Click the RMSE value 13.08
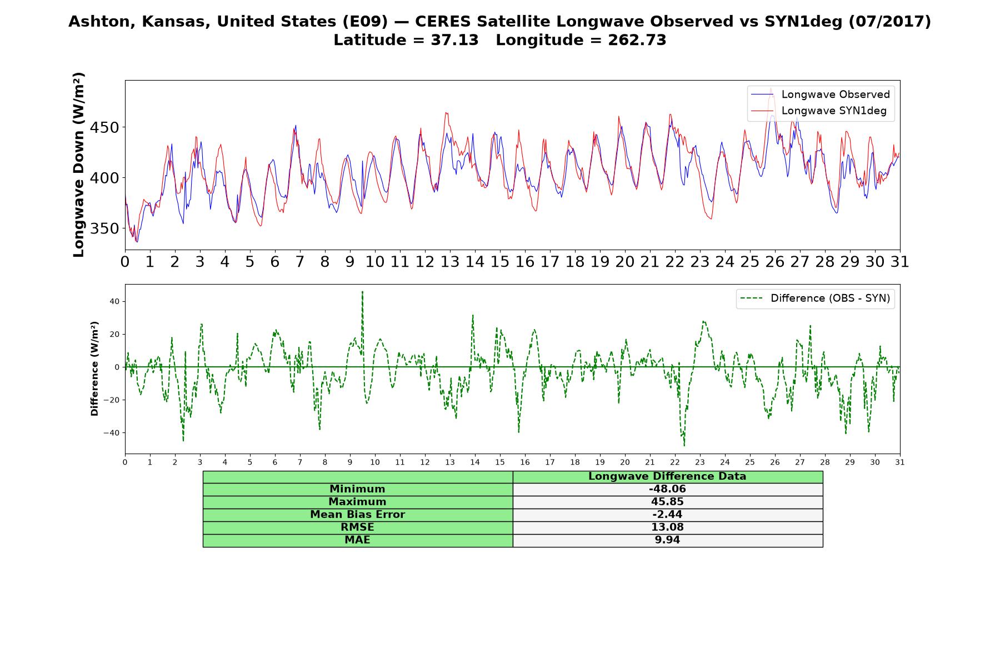pyautogui.click(x=667, y=527)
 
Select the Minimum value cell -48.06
pyautogui.click(x=667, y=489)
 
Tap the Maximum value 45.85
pyautogui.click(x=667, y=502)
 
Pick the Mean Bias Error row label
pyautogui.click(x=357, y=515)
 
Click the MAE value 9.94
pyautogui.click(x=667, y=540)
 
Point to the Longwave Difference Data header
pyautogui.click(x=667, y=476)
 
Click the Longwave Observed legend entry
pyautogui.click(x=821, y=94)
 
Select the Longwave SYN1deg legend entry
pyautogui.click(x=819, y=111)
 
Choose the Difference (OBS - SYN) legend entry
pyautogui.click(x=815, y=298)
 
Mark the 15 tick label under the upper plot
pyautogui.click(x=500, y=262)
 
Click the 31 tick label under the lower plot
pyautogui.click(x=900, y=462)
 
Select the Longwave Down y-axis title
pyautogui.click(x=78, y=165)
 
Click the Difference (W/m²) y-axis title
pyautogui.click(x=94, y=369)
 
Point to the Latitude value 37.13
pyautogui.click(x=454, y=40)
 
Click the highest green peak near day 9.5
pyautogui.click(x=362, y=291)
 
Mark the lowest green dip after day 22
pyautogui.click(x=684, y=445)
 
